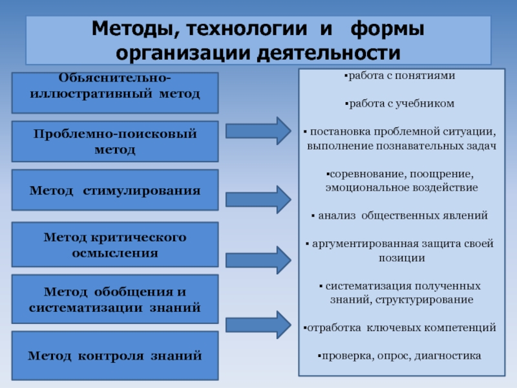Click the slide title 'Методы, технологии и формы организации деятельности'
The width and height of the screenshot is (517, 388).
pyautogui.click(x=258, y=40)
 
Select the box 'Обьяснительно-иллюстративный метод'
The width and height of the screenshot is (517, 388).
pyautogui.click(x=115, y=87)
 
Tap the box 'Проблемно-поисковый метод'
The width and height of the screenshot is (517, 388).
pyautogui.click(x=115, y=141)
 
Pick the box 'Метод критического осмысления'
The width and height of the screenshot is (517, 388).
pyautogui.click(x=115, y=244)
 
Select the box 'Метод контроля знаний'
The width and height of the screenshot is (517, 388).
pyautogui.click(x=115, y=355)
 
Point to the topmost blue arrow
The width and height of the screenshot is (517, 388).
pyautogui.click(x=258, y=131)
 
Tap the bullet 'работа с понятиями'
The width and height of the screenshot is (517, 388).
pyautogui.click(x=401, y=76)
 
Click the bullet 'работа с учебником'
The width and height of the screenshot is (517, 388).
pyautogui.click(x=401, y=103)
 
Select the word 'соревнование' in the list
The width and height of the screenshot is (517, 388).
pyautogui.click(x=358, y=175)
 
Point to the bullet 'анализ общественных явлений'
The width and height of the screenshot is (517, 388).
pyautogui.click(x=401, y=215)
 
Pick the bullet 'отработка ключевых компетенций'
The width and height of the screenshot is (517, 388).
pyautogui.click(x=401, y=328)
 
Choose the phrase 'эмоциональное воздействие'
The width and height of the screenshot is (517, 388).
pyautogui.click(x=401, y=188)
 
